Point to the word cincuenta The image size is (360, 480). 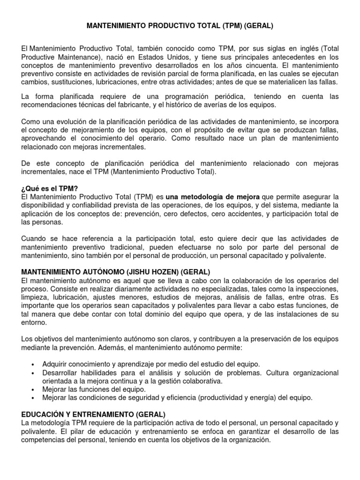point(265,66)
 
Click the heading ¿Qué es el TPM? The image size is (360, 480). point(50,188)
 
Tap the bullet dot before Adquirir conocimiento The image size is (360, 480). point(32,365)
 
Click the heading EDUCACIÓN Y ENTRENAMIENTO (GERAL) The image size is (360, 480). point(93,415)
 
